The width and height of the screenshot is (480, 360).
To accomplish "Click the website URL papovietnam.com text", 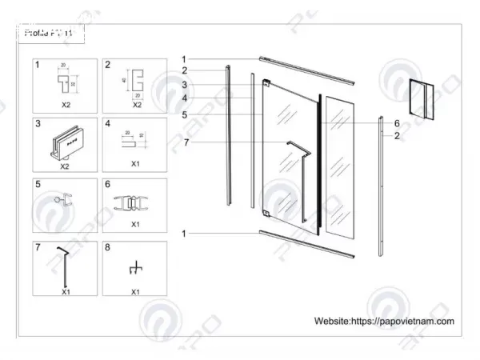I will [x=385, y=320].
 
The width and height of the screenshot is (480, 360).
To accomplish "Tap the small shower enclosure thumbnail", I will [x=422, y=98].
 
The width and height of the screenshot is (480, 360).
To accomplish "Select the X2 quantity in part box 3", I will [x=66, y=166].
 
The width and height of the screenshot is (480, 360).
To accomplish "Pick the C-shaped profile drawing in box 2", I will [x=136, y=82].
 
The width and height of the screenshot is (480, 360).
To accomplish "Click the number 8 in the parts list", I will [x=109, y=248].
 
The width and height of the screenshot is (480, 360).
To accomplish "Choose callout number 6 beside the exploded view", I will [x=396, y=123].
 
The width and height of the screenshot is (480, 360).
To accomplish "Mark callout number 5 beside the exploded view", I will [x=184, y=114].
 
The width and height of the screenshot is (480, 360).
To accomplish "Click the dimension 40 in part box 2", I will [x=126, y=80].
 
